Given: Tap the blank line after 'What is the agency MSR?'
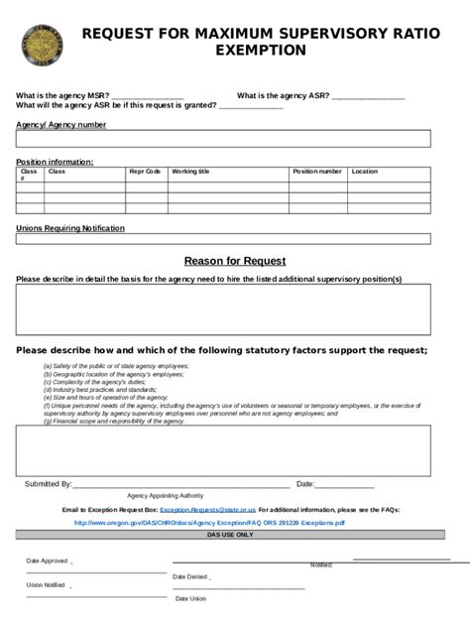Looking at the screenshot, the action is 148,96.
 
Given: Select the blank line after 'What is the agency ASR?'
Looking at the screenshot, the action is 368,96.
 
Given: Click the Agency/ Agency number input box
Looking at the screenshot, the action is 223,139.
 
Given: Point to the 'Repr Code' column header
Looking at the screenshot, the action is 145,172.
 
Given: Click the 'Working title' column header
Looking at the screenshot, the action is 190,172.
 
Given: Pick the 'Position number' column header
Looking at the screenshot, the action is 317,172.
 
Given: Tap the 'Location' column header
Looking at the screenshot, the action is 364,172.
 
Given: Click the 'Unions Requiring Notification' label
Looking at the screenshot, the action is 70,228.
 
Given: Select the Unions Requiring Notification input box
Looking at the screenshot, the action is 223,238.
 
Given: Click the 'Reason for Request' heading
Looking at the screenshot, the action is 235,261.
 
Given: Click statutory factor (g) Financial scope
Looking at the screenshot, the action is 113,422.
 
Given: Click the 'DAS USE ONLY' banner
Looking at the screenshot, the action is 230,534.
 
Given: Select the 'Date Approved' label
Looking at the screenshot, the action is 47,561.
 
